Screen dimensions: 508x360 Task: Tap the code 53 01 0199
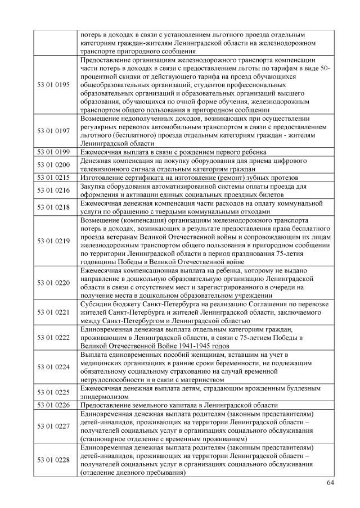point(53,152)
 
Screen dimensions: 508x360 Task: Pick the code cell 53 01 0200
point(53,164)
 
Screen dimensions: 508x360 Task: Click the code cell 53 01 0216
point(53,190)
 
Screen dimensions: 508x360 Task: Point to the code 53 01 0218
point(53,207)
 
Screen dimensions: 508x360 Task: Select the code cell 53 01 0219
point(53,241)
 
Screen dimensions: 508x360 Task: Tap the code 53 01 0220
point(53,282)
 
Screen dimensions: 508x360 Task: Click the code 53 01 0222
point(53,337)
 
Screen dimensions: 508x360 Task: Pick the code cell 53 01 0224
point(53,366)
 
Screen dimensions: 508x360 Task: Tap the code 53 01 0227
point(53,426)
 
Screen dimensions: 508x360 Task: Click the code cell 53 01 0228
point(53,460)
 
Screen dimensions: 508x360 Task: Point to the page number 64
point(330,483)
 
